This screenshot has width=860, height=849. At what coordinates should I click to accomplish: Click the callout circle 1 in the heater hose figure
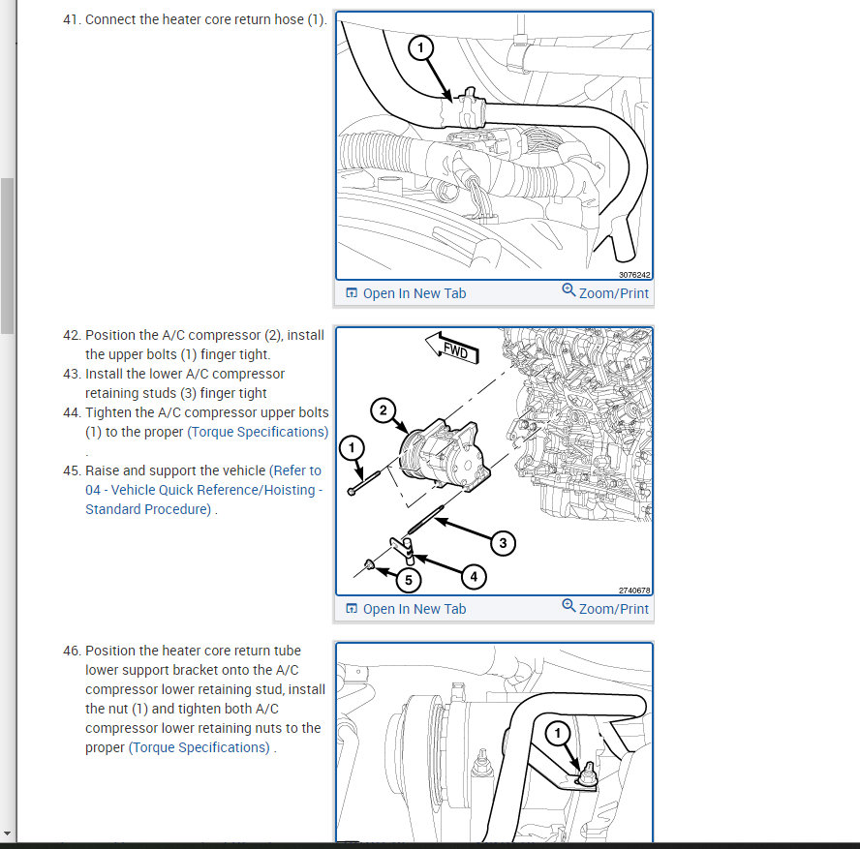tap(420, 47)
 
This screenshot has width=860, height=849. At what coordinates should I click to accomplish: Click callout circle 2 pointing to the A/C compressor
tap(383, 409)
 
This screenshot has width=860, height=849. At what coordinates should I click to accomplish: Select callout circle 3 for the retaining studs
tap(503, 543)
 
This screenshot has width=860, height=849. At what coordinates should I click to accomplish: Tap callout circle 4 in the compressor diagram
tap(474, 577)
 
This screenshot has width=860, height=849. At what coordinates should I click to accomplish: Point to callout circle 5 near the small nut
tap(409, 580)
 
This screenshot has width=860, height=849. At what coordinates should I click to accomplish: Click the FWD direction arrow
tap(452, 349)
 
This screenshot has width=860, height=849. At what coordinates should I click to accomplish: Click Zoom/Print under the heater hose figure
tap(605, 292)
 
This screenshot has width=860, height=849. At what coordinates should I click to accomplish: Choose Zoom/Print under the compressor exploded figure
tap(605, 608)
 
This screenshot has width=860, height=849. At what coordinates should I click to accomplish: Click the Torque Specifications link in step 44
tap(258, 432)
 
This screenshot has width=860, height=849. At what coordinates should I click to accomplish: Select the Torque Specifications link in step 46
tap(200, 747)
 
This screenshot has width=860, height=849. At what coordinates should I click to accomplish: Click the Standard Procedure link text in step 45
tap(148, 509)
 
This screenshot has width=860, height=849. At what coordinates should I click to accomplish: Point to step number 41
tap(73, 19)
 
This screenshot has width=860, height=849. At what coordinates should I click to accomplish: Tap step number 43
tap(73, 374)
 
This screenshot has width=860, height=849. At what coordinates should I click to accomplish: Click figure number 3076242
tap(634, 275)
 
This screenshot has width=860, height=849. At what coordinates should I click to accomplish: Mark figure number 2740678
tap(634, 591)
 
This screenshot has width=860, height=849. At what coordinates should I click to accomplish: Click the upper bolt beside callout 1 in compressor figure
tap(364, 483)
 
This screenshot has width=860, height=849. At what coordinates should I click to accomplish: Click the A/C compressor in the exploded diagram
tap(444, 454)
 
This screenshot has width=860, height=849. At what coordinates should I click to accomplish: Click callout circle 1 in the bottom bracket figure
tap(558, 733)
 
